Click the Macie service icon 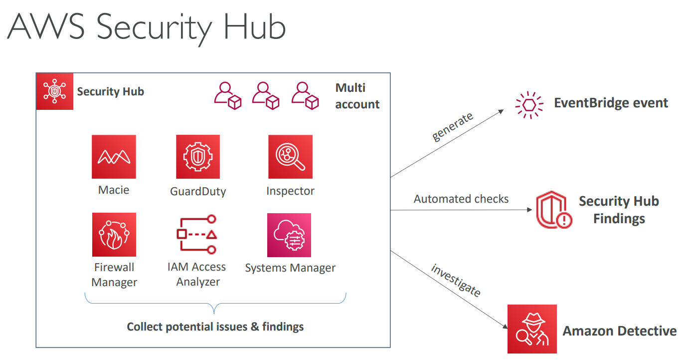(114, 157)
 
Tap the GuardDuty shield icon (198, 157)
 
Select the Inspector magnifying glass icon (290, 157)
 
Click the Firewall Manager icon (114, 235)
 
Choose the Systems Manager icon (289, 235)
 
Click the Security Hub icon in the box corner (55, 91)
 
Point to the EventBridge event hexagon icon (529, 105)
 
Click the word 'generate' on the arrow (452, 127)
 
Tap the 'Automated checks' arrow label (461, 199)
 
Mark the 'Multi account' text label (357, 96)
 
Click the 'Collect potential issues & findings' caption (215, 327)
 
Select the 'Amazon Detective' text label (620, 331)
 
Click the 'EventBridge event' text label (611, 103)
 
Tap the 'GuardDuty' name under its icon (198, 191)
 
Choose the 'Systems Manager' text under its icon (290, 268)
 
